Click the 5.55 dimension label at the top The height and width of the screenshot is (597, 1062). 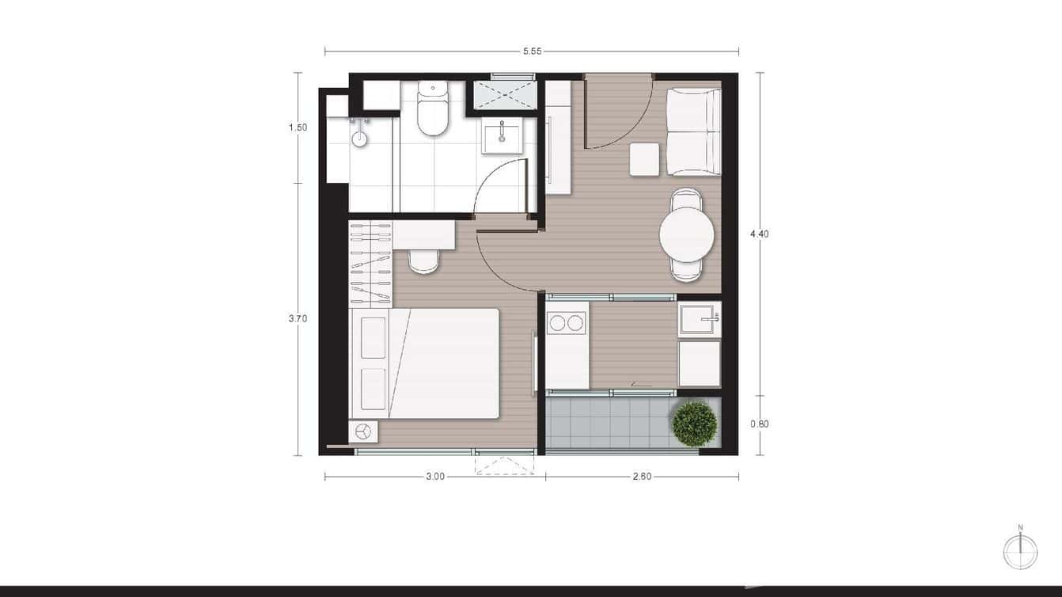tap(532, 52)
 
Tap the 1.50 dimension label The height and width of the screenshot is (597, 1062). tap(298, 127)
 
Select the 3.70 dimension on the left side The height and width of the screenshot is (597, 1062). tap(298, 319)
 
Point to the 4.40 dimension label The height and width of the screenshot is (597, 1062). tap(760, 234)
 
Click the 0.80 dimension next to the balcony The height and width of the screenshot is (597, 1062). tap(760, 424)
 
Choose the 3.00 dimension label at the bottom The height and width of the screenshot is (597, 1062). tap(434, 477)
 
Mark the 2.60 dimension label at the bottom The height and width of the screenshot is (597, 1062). tap(642, 477)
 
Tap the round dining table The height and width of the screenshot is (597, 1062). tap(687, 234)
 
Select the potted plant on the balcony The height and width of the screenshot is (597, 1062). tap(695, 424)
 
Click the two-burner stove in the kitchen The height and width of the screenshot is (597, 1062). tap(567, 323)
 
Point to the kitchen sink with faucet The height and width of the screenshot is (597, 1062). tap(699, 319)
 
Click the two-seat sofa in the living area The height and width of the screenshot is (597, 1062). tap(693, 131)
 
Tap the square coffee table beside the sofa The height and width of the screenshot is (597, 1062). tap(644, 159)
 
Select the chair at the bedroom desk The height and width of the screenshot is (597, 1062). tap(423, 260)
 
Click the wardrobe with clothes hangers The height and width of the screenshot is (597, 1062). tap(370, 264)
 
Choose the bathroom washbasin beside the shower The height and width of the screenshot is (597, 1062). tap(502, 136)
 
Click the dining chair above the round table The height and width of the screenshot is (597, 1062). tap(686, 199)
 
